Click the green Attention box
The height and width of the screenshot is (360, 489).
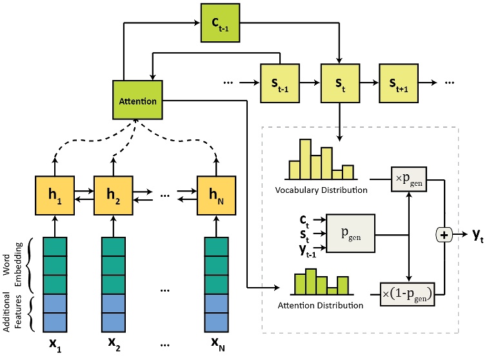[137, 101]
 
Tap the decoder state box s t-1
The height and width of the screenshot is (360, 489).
[279, 84]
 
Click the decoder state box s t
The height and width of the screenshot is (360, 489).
[338, 84]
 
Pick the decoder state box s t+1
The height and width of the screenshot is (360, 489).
[398, 84]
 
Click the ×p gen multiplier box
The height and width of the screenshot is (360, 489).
[410, 177]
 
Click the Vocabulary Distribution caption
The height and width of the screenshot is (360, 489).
[321, 190]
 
